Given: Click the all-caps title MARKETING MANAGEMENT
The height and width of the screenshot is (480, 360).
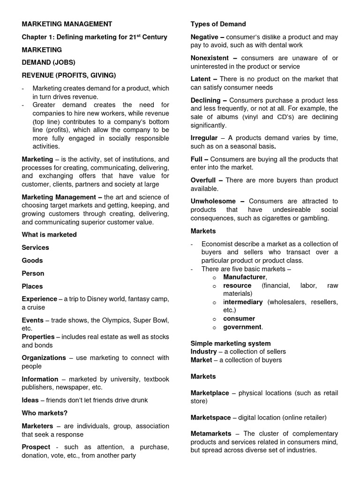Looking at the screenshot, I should pos(67,24).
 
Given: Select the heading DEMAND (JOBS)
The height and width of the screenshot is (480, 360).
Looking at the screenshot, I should pos(48,62).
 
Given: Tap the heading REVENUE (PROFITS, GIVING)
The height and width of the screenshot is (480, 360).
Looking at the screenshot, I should pos(69,75).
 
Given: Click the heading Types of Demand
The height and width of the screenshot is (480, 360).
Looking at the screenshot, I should pos(218,24).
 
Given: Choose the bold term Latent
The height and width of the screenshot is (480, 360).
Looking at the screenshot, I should pos(201,79).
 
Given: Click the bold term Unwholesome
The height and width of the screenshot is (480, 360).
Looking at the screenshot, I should pos(213,201).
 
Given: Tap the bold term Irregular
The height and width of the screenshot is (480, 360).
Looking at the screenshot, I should pos(204,138).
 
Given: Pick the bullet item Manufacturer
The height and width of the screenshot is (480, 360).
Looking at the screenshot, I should pos(244,277).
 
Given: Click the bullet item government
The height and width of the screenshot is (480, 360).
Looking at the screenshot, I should pos(242,327).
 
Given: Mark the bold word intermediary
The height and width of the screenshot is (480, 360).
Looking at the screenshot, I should pos(243,302).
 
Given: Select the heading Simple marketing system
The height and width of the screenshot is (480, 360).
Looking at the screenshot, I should pos(231,343).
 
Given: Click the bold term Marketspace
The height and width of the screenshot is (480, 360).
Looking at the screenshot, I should pos(210,417).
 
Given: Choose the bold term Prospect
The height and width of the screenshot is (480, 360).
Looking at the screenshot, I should pos(36,447).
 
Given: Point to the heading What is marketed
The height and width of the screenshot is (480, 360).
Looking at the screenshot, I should pos(49,234).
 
